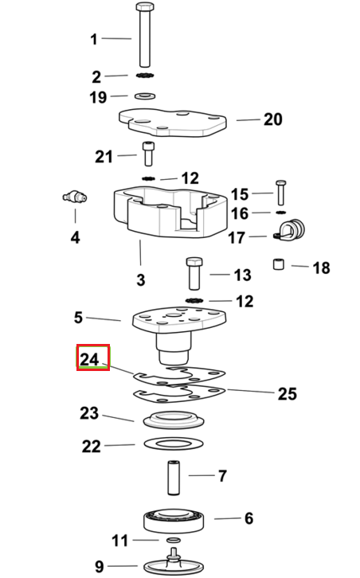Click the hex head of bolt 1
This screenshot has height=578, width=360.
coord(145,6)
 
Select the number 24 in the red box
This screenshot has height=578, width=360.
coord(90,359)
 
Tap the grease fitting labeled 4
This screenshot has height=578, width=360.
coord(75,197)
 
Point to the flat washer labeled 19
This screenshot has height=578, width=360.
coord(145,96)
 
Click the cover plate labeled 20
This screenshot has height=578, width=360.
coord(173,122)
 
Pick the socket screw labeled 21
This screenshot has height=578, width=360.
coord(148,154)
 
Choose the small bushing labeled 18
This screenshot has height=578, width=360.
coord(279,264)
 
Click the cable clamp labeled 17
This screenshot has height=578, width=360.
coord(290,230)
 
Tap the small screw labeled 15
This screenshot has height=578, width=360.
coord(280,193)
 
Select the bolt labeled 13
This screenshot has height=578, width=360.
coord(194,273)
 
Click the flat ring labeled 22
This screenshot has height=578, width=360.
coord(174,443)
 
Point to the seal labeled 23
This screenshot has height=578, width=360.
coord(174,420)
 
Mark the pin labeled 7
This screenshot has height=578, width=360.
coord(174,477)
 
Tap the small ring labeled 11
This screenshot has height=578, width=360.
coord(174,540)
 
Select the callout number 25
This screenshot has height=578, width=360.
coord(287,393)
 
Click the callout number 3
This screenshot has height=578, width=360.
coord(140,279)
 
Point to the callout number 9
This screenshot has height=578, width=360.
coord(100,567)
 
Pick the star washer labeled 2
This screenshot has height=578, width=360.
coord(145,76)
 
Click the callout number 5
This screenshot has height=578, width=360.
coord(78,318)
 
